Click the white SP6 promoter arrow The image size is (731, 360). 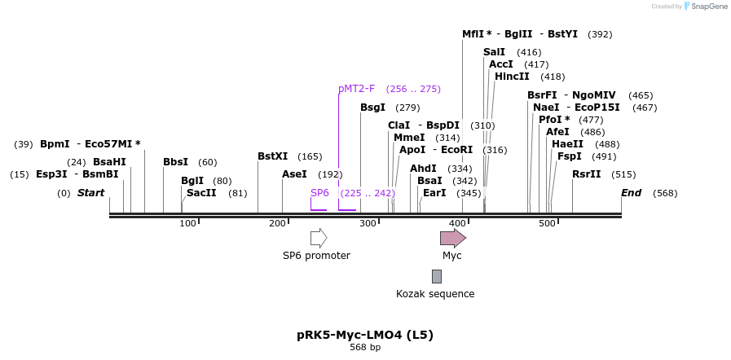(319, 238)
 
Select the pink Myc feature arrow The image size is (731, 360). (452, 238)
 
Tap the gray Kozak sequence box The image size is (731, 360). (437, 276)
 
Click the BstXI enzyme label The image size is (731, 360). (272, 156)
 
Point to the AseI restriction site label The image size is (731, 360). (294, 174)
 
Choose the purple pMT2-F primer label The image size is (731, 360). (356, 89)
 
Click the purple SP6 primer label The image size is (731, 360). (319, 193)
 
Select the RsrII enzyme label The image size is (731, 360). (586, 174)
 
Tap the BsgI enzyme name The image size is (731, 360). (372, 108)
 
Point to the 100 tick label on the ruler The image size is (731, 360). (188, 223)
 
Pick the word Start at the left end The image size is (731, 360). (91, 193)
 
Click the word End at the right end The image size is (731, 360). (632, 193)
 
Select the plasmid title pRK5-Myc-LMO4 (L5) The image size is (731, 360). (365, 335)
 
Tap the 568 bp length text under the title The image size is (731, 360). (365, 348)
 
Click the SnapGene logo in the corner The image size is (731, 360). (706, 7)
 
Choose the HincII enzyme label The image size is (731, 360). (512, 77)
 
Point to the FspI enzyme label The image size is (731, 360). (569, 156)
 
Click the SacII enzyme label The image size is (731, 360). (201, 193)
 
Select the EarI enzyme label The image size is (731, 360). (434, 193)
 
